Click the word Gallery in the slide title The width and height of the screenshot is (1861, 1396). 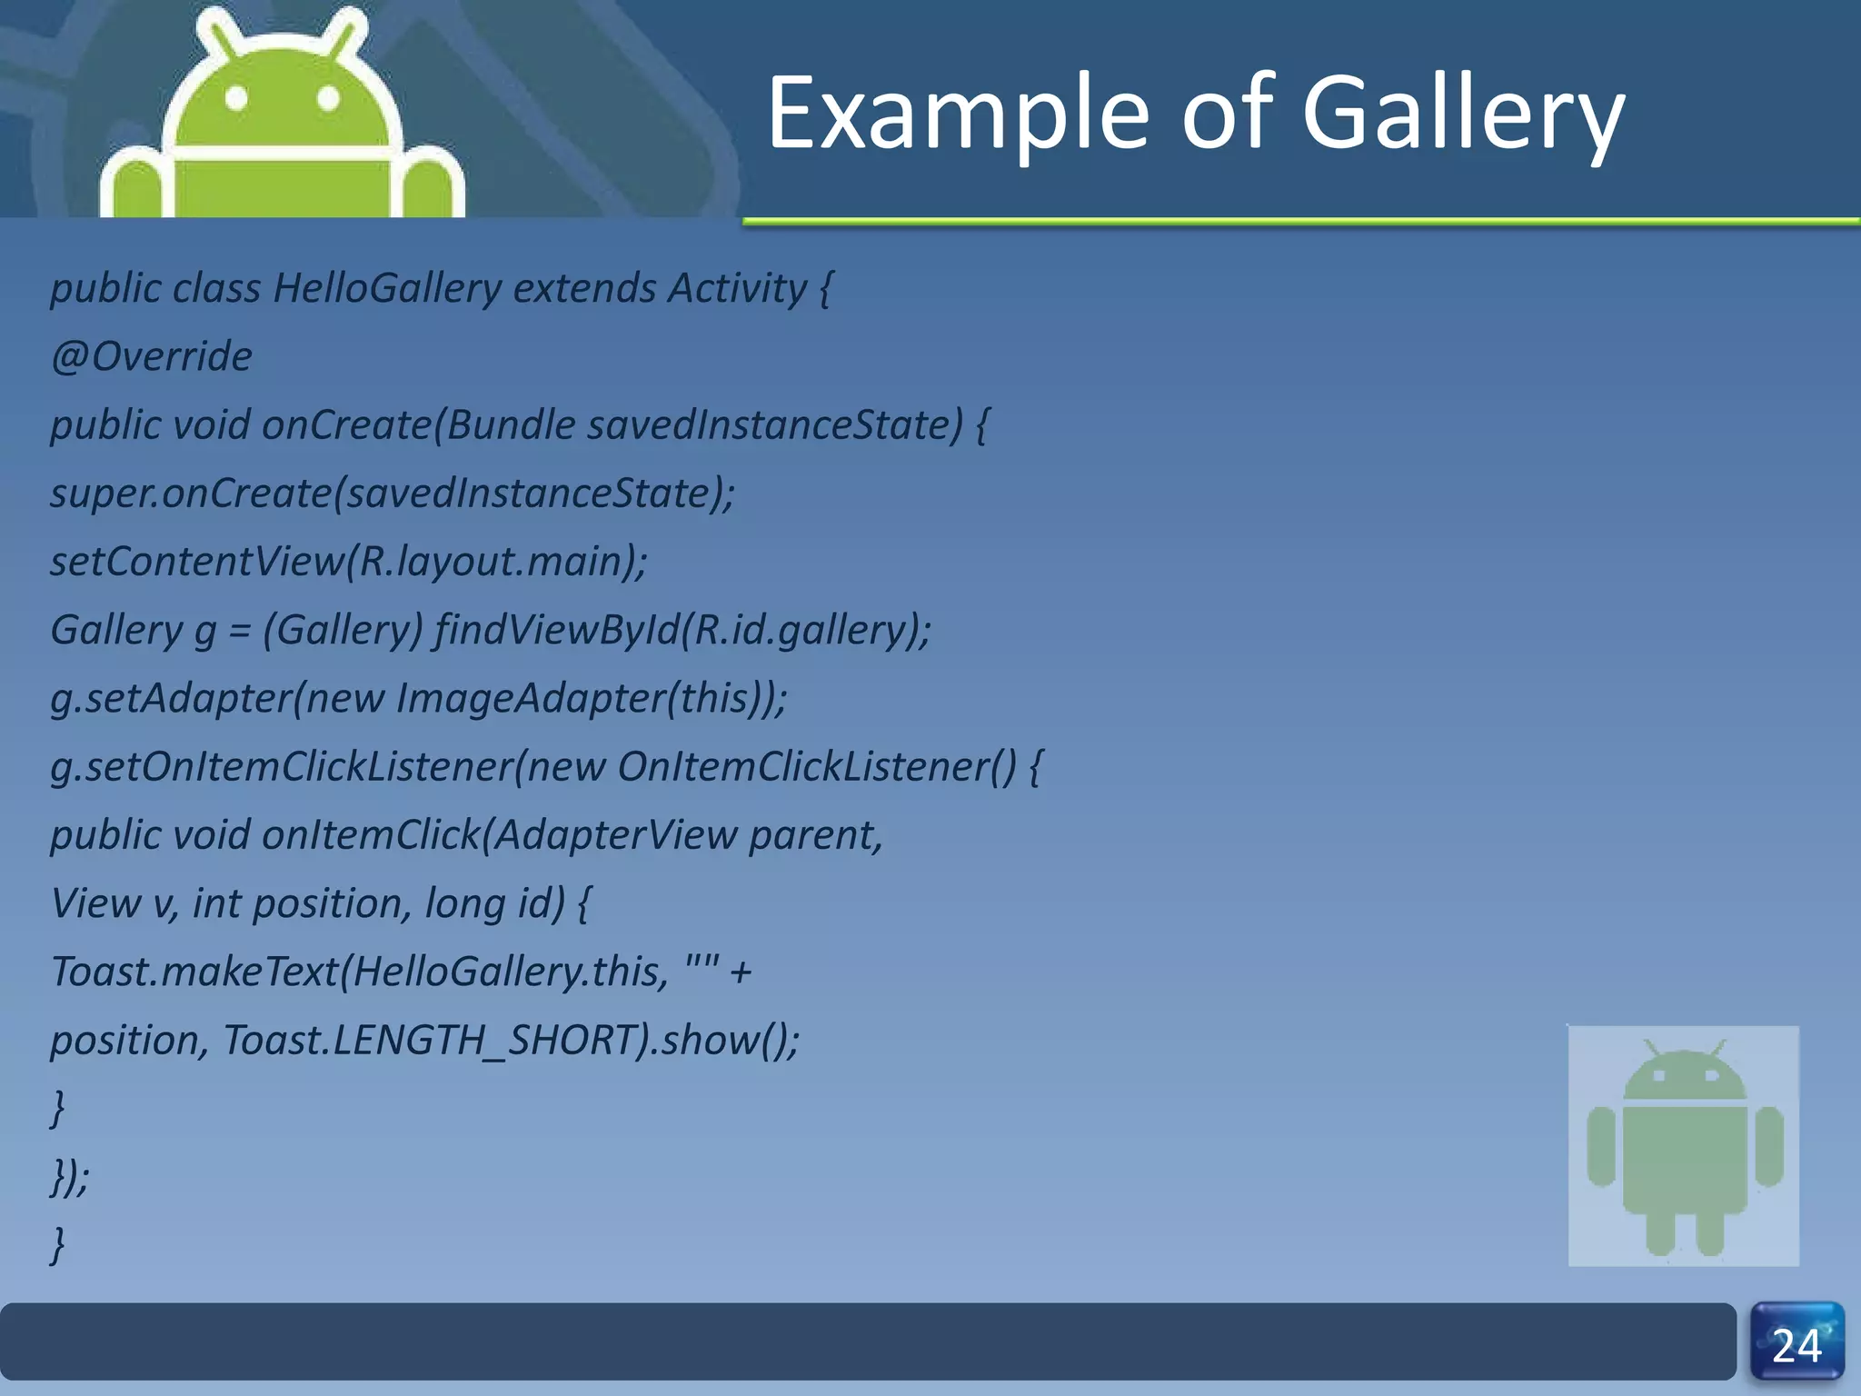point(1463,115)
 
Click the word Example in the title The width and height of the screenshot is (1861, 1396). point(959,115)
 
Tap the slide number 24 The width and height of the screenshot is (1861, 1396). point(1796,1345)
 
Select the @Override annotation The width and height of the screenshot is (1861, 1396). point(152,356)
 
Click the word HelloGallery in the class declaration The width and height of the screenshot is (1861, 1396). point(387,289)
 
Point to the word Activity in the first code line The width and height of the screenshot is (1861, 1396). point(737,289)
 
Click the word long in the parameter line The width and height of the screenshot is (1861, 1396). point(464,903)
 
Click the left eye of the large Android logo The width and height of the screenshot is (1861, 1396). point(237,97)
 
